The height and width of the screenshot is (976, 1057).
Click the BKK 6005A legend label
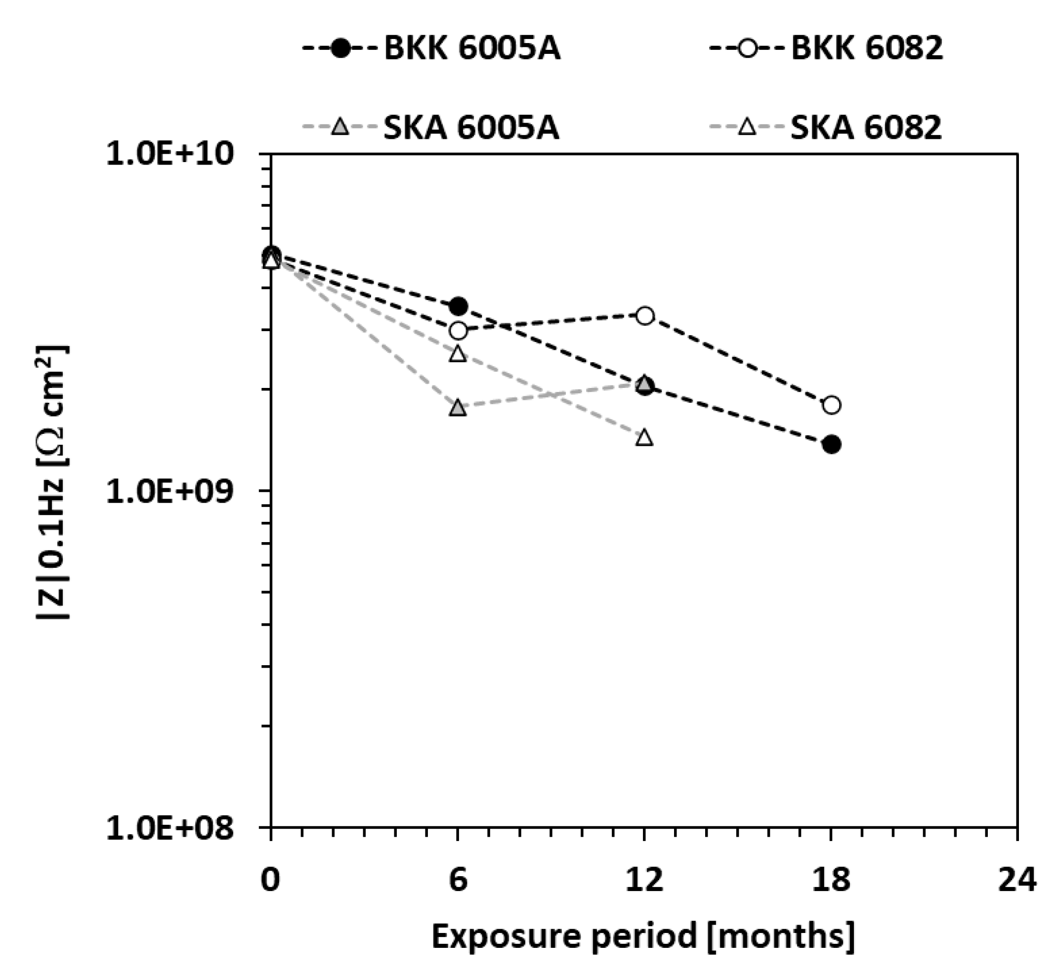(472, 49)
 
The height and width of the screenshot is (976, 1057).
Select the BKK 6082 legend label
(867, 49)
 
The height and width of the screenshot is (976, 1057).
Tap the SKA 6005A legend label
(470, 128)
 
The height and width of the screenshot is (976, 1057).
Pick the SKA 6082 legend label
(866, 128)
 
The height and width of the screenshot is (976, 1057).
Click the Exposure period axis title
(643, 937)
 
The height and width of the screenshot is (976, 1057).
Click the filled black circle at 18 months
(832, 444)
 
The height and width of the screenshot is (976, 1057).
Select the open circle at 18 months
(832, 405)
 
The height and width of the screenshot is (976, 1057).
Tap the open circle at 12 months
(645, 316)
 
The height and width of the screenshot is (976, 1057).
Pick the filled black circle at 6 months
(458, 306)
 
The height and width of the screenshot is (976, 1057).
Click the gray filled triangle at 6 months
(458, 408)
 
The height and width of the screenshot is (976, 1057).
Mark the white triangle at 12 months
(644, 438)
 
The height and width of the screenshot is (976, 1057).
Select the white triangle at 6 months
(458, 354)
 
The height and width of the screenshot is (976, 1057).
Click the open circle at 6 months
(458, 331)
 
